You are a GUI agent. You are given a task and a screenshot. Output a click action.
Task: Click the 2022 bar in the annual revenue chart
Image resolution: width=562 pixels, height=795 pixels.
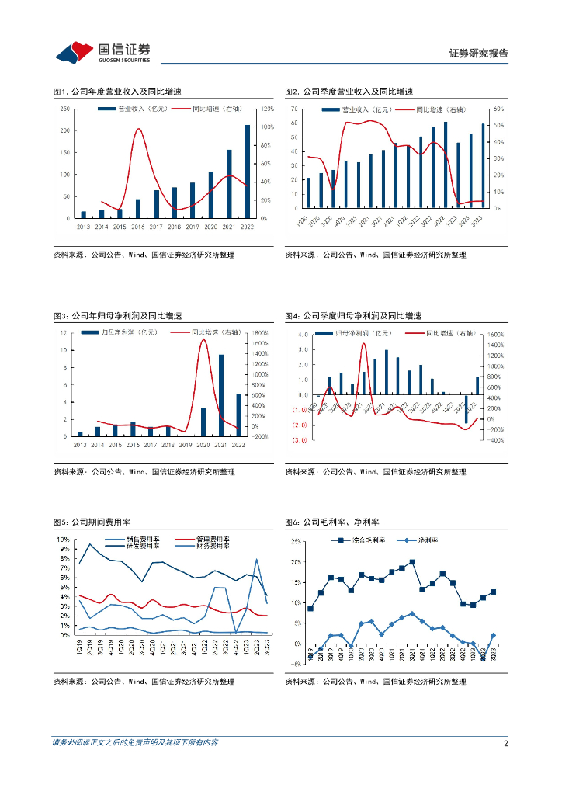pyautogui.click(x=248, y=171)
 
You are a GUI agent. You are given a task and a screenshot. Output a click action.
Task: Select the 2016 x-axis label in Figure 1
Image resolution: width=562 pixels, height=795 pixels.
pyautogui.click(x=137, y=226)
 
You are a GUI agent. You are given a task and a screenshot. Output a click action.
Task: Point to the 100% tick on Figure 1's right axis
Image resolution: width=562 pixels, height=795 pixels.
pyautogui.click(x=266, y=127)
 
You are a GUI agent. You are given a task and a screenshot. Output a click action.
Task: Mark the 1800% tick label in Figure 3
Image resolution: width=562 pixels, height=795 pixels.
pyautogui.click(x=259, y=333)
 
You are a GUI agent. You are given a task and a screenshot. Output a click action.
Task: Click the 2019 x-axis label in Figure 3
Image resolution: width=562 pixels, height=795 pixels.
pyautogui.click(x=186, y=445)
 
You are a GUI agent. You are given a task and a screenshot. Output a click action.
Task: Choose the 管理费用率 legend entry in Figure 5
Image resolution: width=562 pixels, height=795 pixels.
pyautogui.click(x=207, y=539)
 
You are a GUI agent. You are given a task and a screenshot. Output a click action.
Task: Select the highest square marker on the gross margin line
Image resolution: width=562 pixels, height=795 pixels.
pyautogui.click(x=411, y=562)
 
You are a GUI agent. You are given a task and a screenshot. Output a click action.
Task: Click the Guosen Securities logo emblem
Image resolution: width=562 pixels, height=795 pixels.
pyautogui.click(x=70, y=53)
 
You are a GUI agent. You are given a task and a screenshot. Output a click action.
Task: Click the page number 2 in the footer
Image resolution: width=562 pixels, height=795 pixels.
pyautogui.click(x=505, y=743)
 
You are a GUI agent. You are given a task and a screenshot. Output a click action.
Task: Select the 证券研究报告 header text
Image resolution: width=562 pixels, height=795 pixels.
pyautogui.click(x=479, y=54)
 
